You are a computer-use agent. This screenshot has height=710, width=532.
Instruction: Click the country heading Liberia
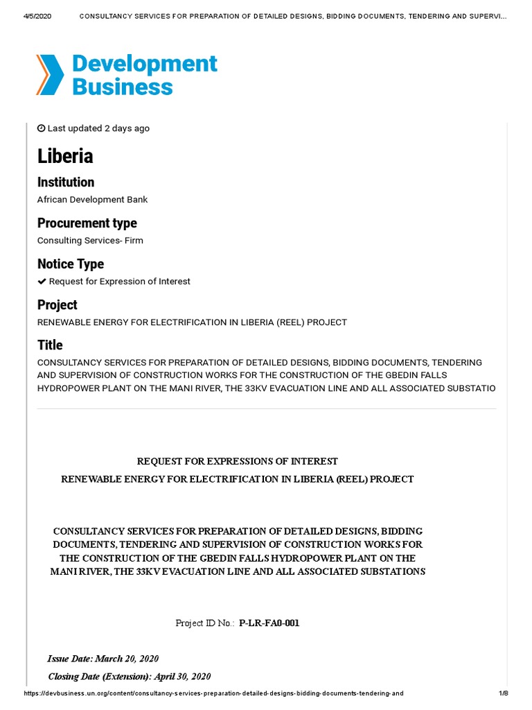tap(65, 157)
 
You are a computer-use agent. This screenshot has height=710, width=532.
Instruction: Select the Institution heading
tap(66, 182)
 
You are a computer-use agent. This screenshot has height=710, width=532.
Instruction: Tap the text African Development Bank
tap(92, 200)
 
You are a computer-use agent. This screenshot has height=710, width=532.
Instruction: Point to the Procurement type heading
tap(87, 223)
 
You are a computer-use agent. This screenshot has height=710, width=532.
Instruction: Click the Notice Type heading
tap(70, 264)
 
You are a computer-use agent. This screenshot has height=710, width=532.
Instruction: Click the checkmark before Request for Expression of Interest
tap(42, 282)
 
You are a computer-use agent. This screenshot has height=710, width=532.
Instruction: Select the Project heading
tap(57, 305)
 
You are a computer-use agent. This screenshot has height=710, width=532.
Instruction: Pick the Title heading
tap(50, 345)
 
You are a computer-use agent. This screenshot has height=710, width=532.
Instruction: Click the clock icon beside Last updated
tap(41, 128)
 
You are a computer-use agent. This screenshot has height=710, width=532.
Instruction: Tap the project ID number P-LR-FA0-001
tap(269, 623)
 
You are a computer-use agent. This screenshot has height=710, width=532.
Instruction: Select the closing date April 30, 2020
tap(181, 676)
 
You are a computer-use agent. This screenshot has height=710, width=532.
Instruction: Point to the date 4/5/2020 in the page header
tap(27, 15)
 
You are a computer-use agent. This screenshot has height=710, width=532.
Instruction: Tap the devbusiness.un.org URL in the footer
tap(213, 693)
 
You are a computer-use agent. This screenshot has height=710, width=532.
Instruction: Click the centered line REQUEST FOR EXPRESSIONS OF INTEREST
tap(238, 461)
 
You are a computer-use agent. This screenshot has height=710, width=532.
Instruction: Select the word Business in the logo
tap(123, 87)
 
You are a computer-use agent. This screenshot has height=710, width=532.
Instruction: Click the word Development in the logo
tap(145, 64)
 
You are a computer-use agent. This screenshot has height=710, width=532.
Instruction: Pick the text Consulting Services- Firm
tap(90, 241)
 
